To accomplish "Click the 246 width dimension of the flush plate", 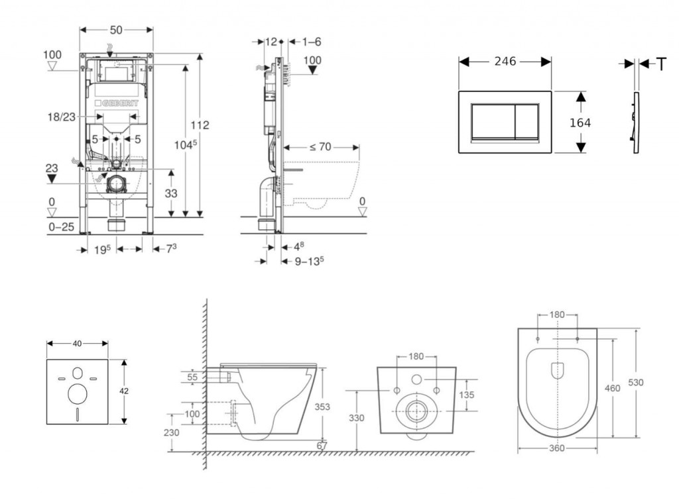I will click(x=505, y=62).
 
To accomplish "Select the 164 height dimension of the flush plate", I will click(x=580, y=123).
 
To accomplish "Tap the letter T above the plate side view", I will click(x=660, y=64).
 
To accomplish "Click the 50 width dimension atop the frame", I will click(x=116, y=30).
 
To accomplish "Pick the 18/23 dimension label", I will click(x=60, y=117).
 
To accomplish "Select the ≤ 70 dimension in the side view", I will click(x=320, y=147).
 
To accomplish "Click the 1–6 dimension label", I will click(x=312, y=42).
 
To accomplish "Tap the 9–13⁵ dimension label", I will click(x=309, y=260).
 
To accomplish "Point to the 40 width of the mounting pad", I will click(x=77, y=343).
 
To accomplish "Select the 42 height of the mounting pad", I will click(x=124, y=391).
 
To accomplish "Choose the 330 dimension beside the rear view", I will click(x=357, y=418).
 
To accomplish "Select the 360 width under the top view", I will click(x=556, y=448).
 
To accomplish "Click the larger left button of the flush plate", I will click(x=492, y=121).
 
